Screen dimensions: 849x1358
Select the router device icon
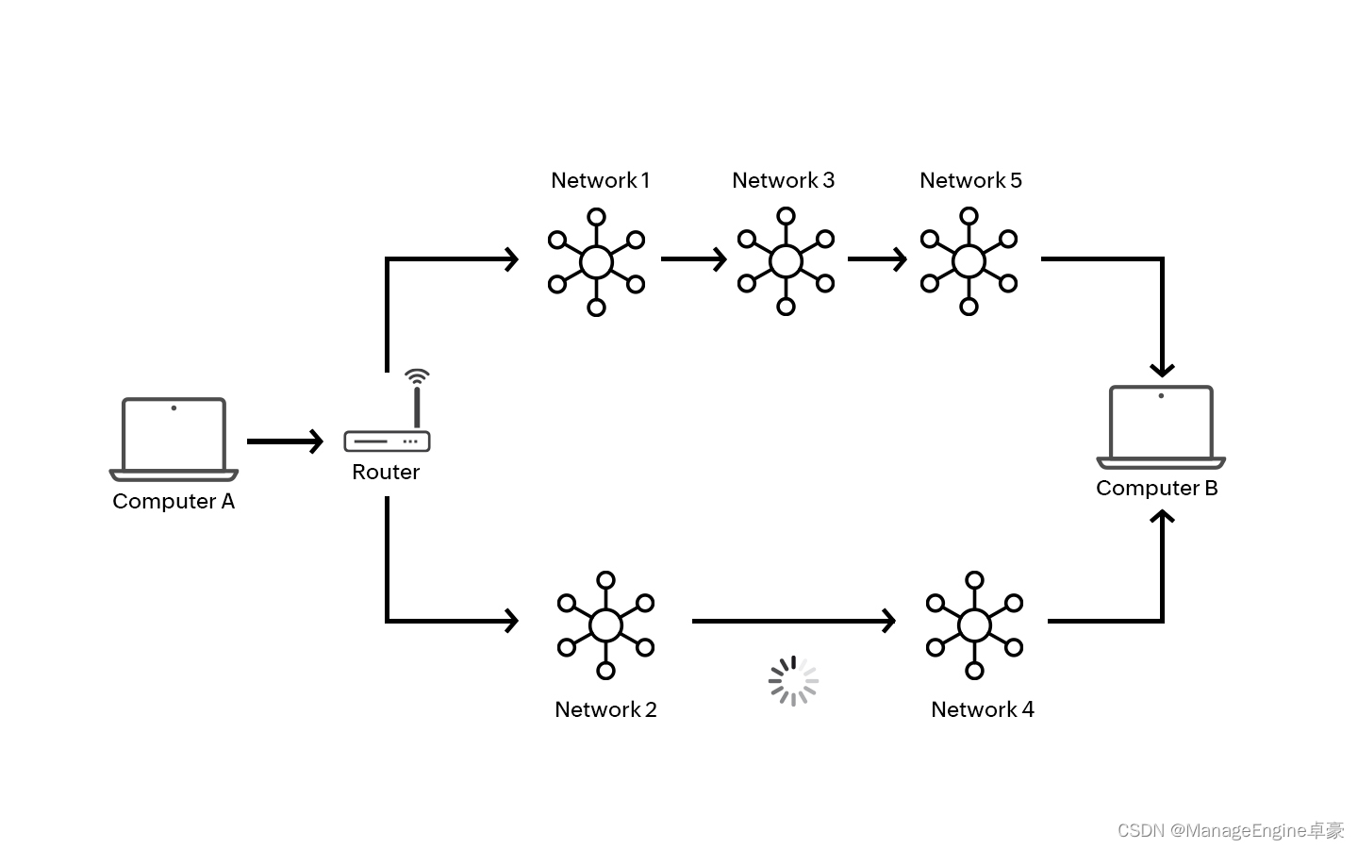(387, 441)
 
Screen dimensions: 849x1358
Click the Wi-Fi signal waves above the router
(417, 376)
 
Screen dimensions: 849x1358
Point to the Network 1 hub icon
(596, 261)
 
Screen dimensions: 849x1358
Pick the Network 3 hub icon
(786, 261)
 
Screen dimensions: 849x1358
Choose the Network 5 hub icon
(969, 261)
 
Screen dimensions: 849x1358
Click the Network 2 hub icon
(605, 624)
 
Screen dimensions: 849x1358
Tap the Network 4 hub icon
(974, 624)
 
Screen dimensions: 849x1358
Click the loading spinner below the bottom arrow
(793, 680)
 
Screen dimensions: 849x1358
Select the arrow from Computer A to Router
(285, 441)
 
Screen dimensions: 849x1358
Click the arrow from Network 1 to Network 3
(693, 258)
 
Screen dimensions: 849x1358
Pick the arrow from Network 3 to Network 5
(877, 258)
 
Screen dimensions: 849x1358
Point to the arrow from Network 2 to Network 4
(793, 621)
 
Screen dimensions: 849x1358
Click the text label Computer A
(174, 501)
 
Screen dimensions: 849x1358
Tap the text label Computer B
(1157, 488)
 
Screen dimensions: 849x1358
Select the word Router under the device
(386, 472)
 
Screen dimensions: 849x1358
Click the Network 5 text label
(970, 180)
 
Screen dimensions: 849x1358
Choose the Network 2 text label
(605, 709)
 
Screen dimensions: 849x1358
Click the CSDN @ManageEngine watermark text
(1231, 830)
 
